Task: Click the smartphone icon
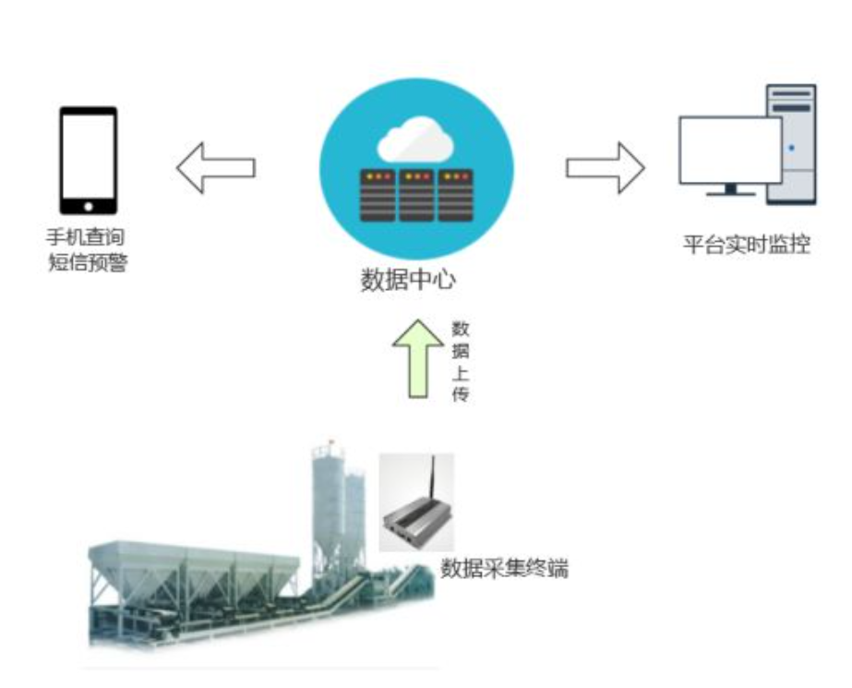[89, 161]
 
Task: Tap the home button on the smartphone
[89, 205]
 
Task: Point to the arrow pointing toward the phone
[215, 167]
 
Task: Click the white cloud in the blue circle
[415, 140]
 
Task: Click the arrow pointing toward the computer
[606, 167]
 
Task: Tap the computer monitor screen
[729, 150]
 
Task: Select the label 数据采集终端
[503, 568]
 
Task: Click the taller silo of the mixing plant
[326, 503]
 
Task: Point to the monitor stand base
[729, 194]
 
